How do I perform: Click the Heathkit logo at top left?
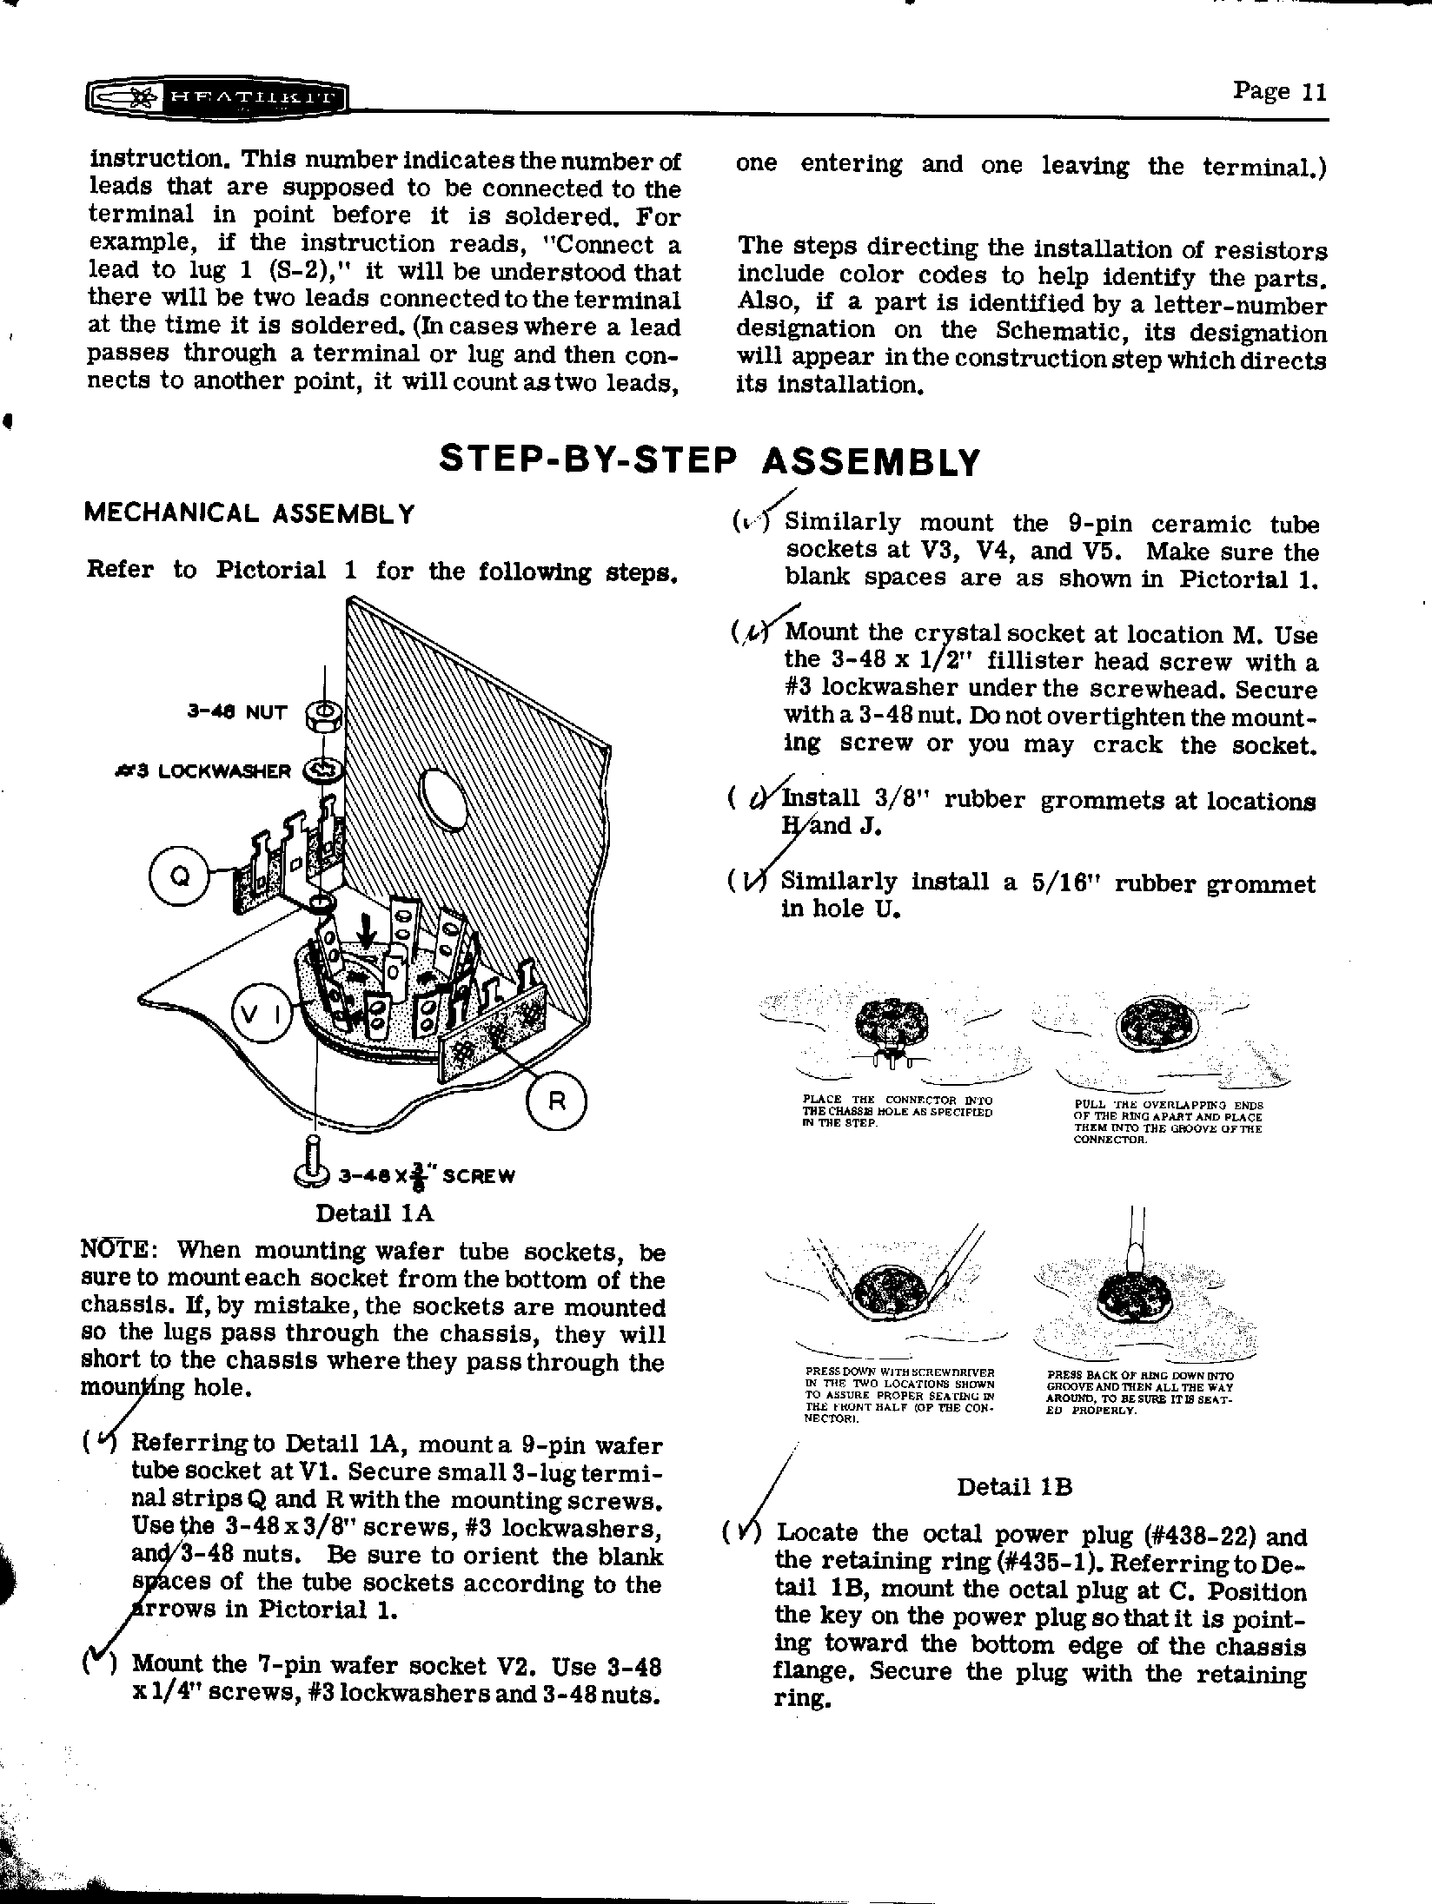[216, 98]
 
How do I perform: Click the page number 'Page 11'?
[1280, 91]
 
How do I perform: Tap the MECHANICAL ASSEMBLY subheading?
[249, 513]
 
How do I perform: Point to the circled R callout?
[557, 1101]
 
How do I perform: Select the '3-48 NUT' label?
[236, 713]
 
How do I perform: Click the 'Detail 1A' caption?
[374, 1212]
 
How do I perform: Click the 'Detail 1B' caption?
[1014, 1487]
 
